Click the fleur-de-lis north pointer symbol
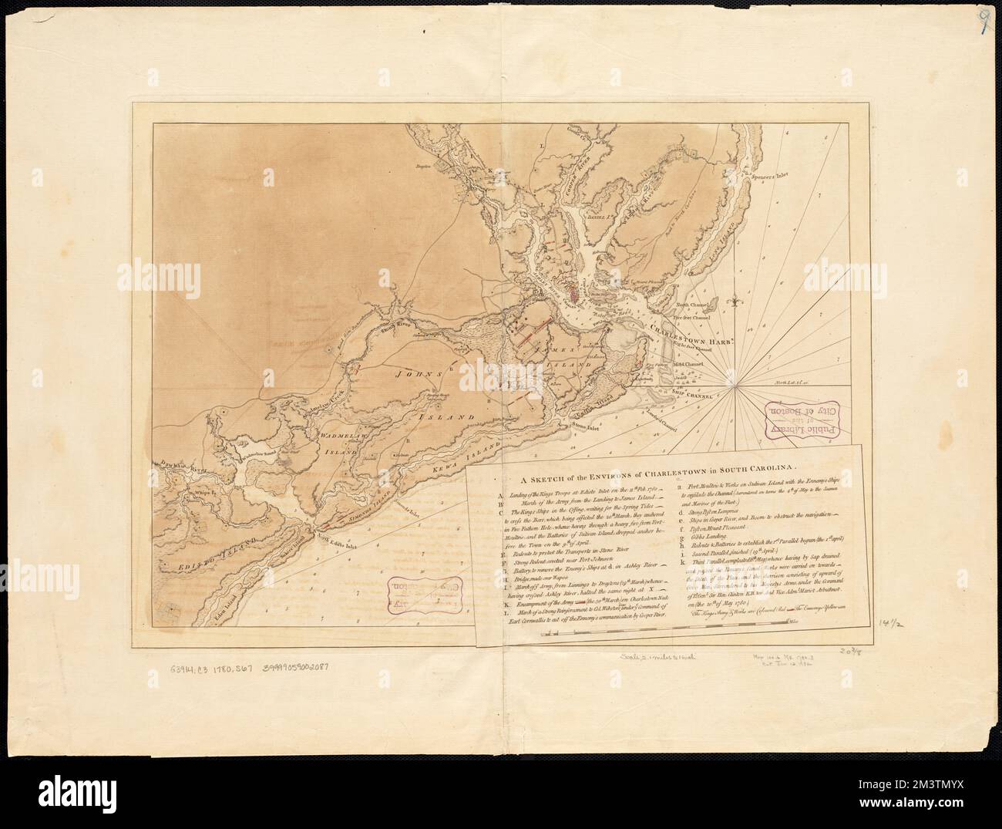pyautogui.click(x=738, y=296)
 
